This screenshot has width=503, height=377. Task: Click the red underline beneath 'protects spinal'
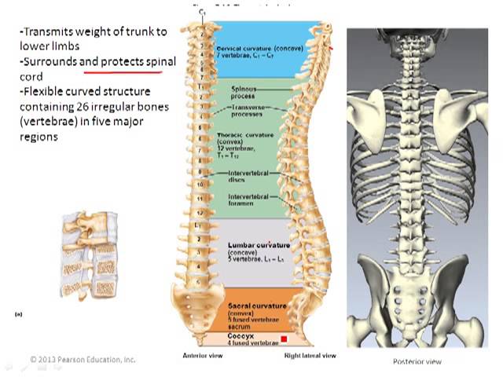coord(129,68)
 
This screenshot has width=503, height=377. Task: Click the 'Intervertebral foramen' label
coord(248,199)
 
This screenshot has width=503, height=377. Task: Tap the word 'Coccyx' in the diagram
coord(240,337)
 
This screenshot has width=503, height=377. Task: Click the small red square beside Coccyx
coord(284,339)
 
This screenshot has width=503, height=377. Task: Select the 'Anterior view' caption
coord(203,356)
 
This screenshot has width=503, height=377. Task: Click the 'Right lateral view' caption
coord(310,356)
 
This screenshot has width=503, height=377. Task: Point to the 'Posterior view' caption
coord(417,361)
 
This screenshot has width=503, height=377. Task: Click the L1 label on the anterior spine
coord(200,226)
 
